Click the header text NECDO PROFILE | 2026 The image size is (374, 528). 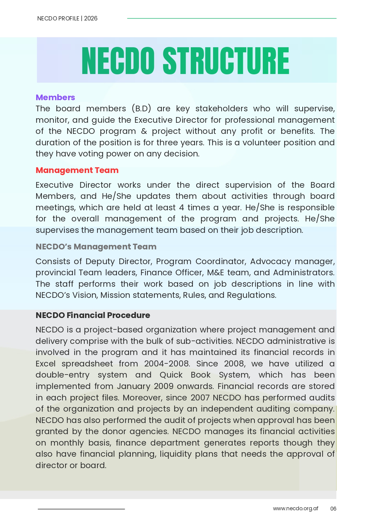(67, 18)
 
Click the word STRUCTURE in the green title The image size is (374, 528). (226, 61)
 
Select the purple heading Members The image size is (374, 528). (55, 97)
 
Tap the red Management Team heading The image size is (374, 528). (77, 170)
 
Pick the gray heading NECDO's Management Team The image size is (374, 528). (96, 247)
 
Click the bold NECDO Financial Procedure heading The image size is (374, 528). (93, 315)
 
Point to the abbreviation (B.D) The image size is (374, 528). (141, 109)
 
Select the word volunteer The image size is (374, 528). (262, 143)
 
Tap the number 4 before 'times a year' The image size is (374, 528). (181, 208)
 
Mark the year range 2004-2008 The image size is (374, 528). (167, 364)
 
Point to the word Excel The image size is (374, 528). (46, 364)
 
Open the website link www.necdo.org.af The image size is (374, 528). (295, 508)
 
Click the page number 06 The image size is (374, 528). (333, 509)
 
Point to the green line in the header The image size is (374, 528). (231, 18)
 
